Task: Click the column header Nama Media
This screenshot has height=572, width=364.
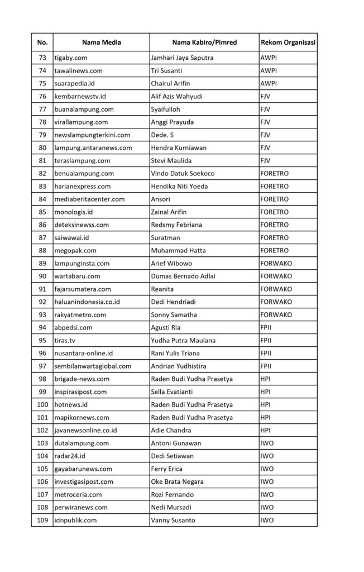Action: click(x=102, y=42)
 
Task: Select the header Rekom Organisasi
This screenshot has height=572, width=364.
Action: click(x=288, y=42)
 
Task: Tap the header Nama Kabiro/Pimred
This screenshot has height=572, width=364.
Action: click(x=204, y=42)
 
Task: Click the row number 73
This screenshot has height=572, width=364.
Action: click(x=42, y=58)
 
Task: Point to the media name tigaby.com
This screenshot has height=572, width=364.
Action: click(x=70, y=58)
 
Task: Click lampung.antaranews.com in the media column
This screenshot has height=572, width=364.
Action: click(x=93, y=148)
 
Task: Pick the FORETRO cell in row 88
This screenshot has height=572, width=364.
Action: click(x=275, y=251)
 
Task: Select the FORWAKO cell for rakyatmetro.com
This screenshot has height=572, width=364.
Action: click(x=276, y=315)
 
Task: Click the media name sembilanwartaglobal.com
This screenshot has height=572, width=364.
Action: click(x=93, y=366)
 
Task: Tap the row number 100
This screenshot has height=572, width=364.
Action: click(x=42, y=405)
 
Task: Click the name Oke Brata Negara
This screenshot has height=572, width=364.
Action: click(x=178, y=482)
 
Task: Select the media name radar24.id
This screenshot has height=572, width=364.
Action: click(x=70, y=456)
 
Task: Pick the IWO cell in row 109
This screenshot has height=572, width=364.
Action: click(x=267, y=521)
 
